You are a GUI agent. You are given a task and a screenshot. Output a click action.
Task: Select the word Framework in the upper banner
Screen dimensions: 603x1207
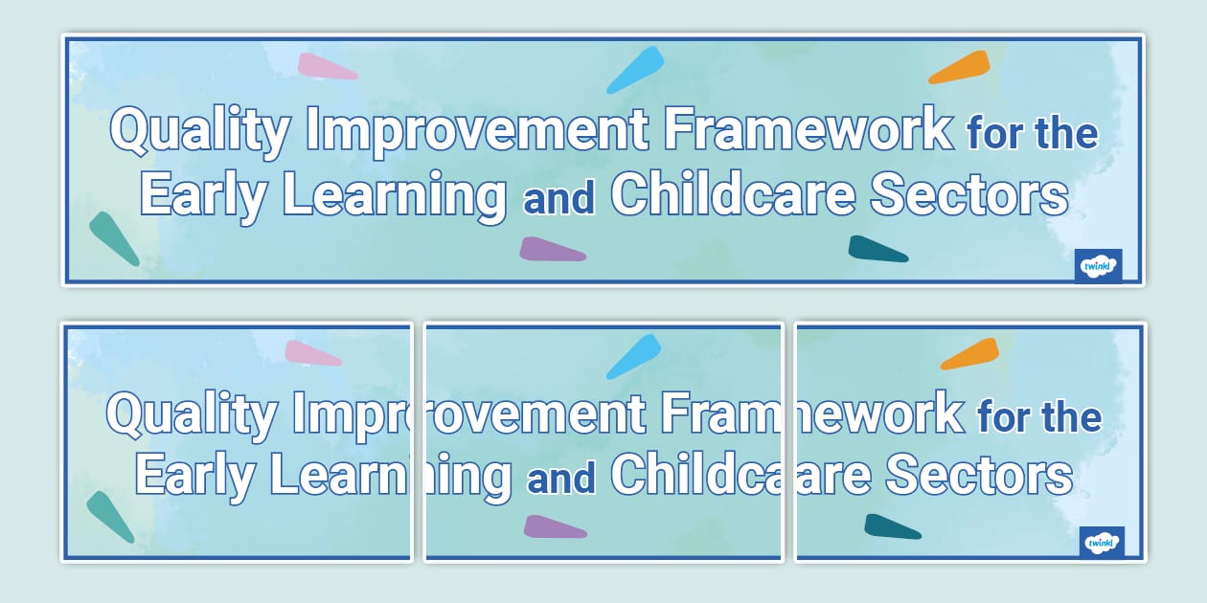click(804, 131)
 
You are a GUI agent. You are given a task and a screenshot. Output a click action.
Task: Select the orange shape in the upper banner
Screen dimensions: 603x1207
click(959, 68)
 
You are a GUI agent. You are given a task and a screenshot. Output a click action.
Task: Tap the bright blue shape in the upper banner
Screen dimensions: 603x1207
click(635, 70)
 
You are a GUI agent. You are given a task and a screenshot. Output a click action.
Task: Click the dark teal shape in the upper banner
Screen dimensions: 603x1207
click(877, 249)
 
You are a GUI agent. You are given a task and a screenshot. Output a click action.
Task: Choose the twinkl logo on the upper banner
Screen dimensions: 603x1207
click(1098, 266)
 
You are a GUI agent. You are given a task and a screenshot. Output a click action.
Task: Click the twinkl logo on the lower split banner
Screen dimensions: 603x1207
click(1101, 543)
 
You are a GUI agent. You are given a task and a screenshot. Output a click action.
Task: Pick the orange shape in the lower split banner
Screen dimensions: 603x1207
click(969, 354)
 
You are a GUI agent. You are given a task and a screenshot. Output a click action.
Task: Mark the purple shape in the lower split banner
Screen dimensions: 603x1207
click(555, 526)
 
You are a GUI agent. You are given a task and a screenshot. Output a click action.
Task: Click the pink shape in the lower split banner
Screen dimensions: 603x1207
click(312, 353)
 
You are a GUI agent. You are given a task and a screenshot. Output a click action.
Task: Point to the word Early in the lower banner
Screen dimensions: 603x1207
click(195, 476)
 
